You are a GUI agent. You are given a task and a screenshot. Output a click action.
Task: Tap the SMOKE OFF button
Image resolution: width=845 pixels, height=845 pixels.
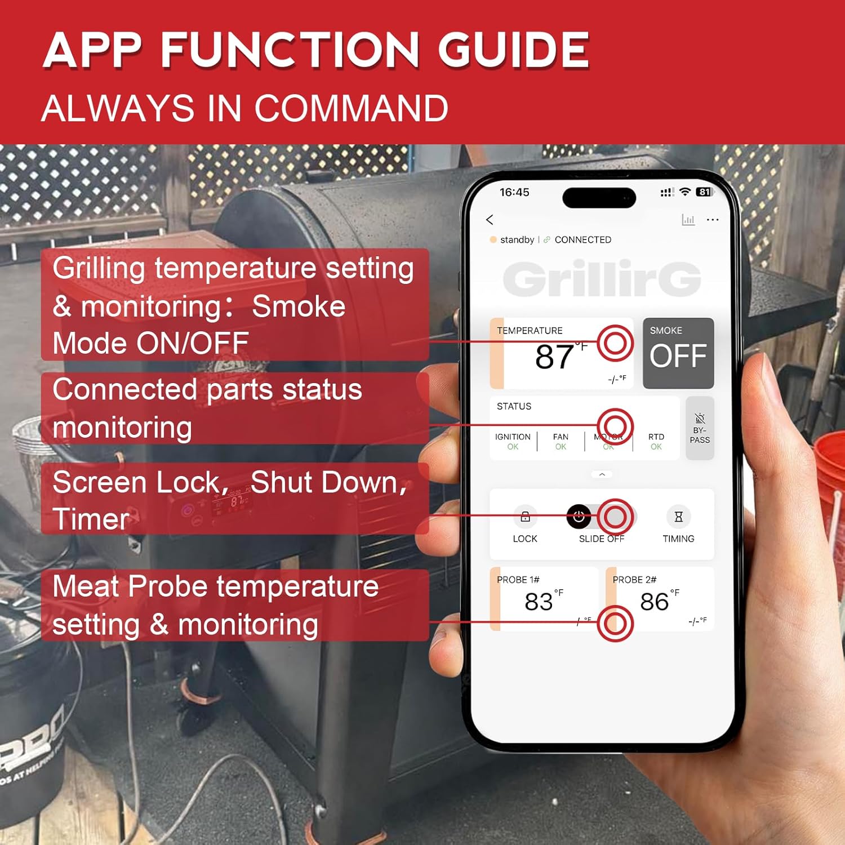point(678,353)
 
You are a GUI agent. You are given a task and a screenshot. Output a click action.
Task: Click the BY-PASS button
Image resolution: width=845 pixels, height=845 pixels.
point(700,429)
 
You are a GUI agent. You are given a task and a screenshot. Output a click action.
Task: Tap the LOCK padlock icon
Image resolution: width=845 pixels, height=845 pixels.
point(525,517)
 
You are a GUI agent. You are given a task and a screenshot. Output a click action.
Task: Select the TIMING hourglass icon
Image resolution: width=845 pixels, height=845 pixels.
point(678,517)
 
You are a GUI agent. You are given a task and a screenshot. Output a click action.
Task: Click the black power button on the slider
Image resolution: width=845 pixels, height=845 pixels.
point(579,517)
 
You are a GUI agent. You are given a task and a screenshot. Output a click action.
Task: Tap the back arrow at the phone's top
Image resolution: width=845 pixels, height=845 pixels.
point(490,220)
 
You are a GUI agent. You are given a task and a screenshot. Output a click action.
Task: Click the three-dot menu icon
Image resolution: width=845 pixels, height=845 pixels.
point(713,220)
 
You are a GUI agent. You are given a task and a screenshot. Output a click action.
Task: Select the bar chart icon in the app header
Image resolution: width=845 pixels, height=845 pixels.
point(688,220)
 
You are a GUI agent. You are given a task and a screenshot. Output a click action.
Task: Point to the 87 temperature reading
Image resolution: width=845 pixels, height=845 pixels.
point(554,357)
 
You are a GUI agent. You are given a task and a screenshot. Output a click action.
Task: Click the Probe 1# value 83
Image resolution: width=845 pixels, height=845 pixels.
point(539,602)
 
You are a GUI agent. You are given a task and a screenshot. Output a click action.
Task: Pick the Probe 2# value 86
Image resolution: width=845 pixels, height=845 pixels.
point(654,602)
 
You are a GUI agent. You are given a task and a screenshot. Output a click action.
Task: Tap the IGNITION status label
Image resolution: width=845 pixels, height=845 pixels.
point(513,437)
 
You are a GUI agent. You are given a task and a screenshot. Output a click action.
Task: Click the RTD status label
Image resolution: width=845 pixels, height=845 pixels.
point(656,437)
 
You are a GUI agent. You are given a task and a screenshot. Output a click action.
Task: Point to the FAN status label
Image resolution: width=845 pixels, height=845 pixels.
point(561,437)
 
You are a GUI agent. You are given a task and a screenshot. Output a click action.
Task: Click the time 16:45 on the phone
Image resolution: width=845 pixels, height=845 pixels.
point(514,193)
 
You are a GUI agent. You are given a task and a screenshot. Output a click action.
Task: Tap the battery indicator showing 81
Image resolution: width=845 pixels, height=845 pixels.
point(704,192)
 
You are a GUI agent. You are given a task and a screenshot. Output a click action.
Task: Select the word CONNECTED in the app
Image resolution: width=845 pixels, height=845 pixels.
point(582,240)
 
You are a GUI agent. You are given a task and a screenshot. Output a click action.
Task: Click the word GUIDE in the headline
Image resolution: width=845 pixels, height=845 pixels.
point(513,51)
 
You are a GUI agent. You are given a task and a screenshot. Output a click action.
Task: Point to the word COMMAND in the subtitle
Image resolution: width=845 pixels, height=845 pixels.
point(352,108)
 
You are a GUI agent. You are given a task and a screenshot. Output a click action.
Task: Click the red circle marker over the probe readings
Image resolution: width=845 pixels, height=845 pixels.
point(615,624)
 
